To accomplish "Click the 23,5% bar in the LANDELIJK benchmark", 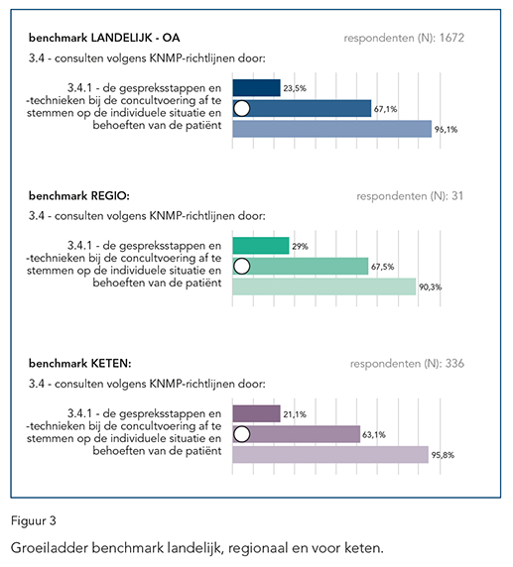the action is [256, 88].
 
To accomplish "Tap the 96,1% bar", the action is [332, 129].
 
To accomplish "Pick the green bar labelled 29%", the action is [261, 246].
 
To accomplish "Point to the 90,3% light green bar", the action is [324, 286].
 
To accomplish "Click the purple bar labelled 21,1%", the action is [256, 413].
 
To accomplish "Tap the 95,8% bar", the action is [330, 455].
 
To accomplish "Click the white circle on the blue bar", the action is [241, 108].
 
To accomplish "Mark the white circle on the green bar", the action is [241, 266].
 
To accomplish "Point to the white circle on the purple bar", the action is [241, 434].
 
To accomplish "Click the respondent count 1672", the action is [451, 38].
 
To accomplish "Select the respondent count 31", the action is [457, 196].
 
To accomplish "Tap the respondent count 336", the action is [454, 364].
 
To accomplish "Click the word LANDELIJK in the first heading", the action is [121, 38].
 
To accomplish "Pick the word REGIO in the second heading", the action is [110, 196].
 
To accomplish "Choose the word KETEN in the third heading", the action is [111, 364].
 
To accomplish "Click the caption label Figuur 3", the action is [34, 521].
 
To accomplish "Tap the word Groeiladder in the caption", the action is [49, 548].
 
